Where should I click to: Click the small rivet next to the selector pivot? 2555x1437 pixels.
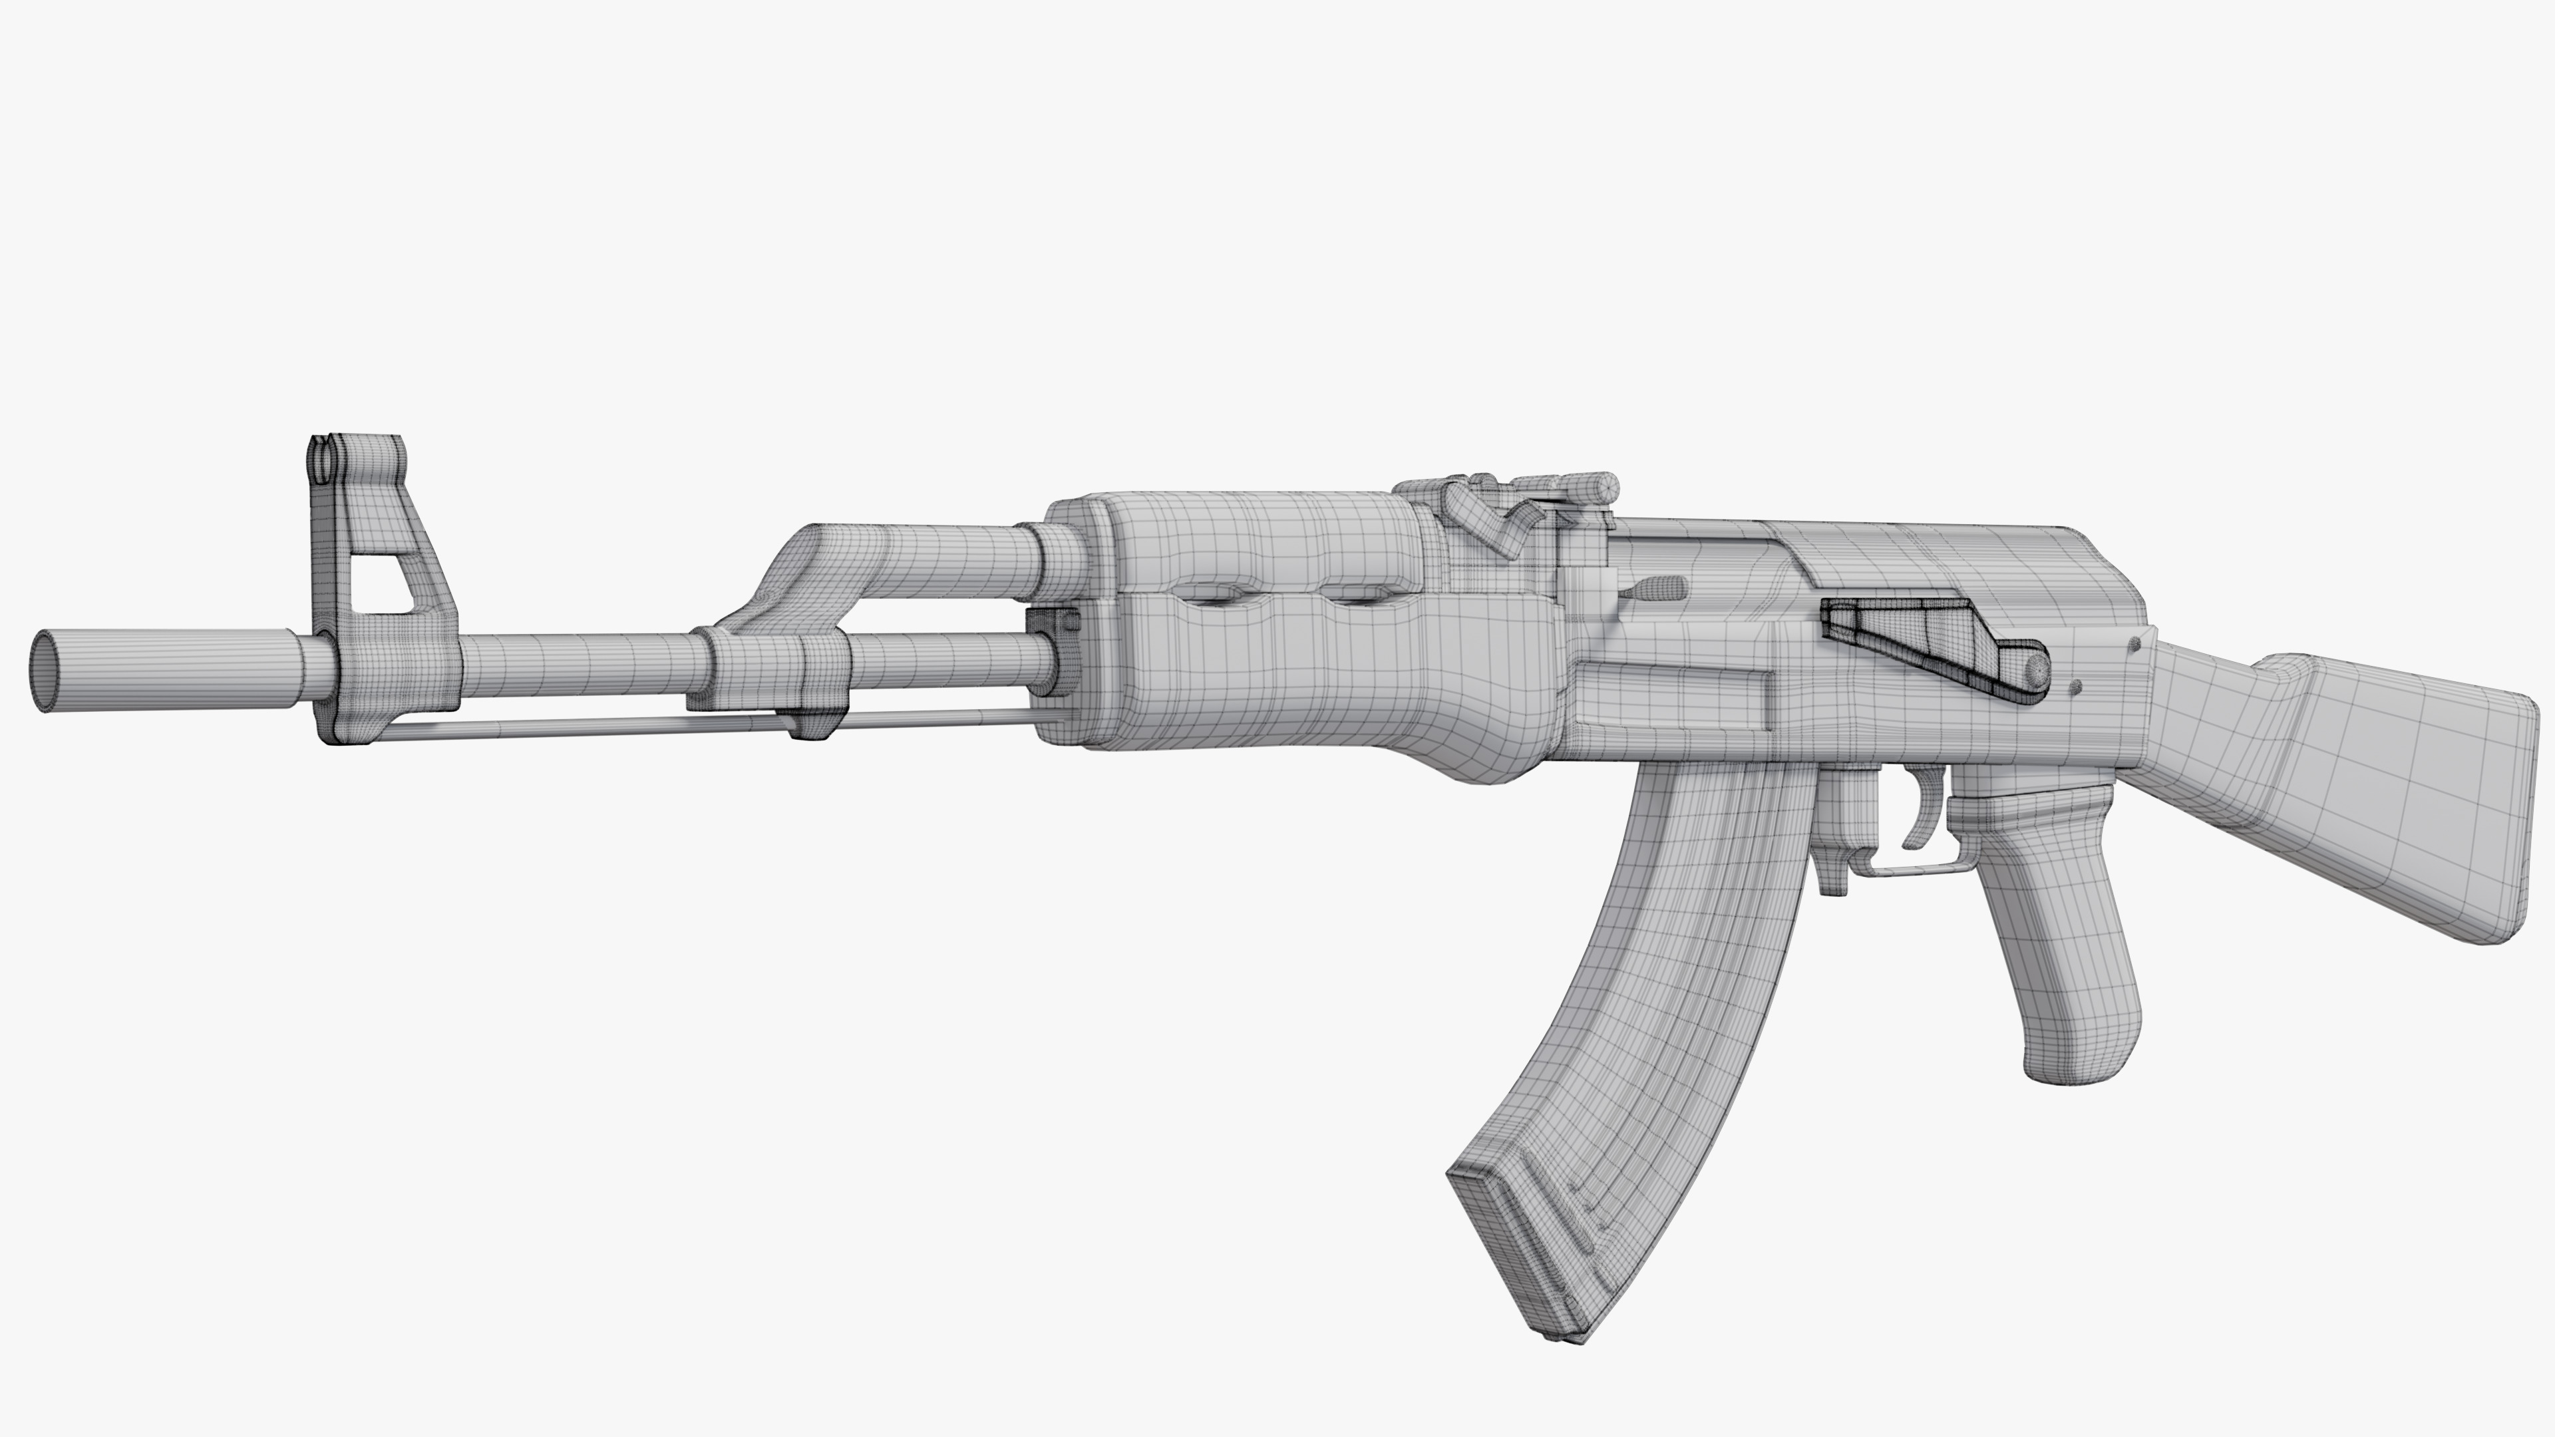[2075, 687]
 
